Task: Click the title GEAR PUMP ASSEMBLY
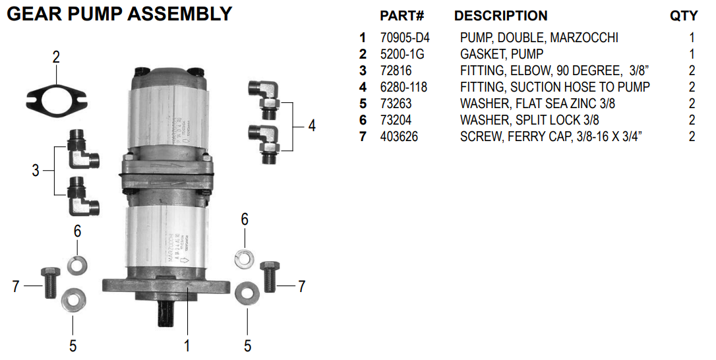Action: (x=119, y=14)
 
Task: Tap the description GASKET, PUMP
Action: (x=501, y=54)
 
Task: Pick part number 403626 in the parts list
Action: (x=399, y=136)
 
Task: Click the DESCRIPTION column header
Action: (x=500, y=16)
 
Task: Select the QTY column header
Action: (x=684, y=16)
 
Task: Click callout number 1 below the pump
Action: (x=187, y=345)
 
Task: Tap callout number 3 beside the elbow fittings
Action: (x=36, y=171)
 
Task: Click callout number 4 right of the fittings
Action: (x=311, y=125)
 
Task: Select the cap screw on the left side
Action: (x=49, y=284)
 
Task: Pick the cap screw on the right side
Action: (x=268, y=278)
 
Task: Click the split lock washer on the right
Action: (x=243, y=258)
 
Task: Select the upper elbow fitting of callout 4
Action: (x=264, y=96)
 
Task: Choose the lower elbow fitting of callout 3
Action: (x=82, y=198)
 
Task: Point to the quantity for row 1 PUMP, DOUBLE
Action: (x=692, y=38)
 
